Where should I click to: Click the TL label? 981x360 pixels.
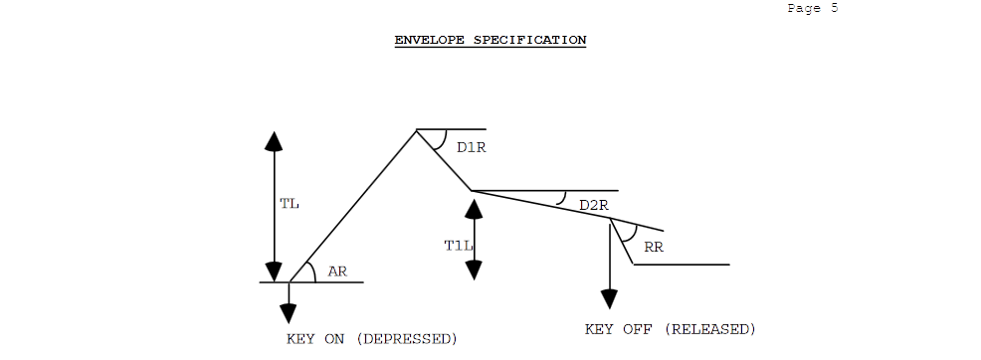click(290, 204)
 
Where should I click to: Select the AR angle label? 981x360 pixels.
click(337, 270)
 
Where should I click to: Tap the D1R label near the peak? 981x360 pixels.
click(471, 147)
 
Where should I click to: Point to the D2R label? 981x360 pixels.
click(593, 205)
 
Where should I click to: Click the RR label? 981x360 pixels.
click(654, 248)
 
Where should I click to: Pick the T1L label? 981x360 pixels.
click(455, 245)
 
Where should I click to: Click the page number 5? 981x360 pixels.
click(833, 8)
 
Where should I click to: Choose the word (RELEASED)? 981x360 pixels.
click(709, 329)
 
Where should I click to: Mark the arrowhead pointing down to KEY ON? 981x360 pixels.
click(289, 312)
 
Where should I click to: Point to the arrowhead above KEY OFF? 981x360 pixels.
click(608, 299)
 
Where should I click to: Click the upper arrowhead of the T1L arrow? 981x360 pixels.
click(474, 209)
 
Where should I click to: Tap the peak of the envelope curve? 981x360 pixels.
click(416, 130)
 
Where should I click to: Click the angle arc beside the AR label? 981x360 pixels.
click(312, 271)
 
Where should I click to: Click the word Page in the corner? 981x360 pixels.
click(803, 8)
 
